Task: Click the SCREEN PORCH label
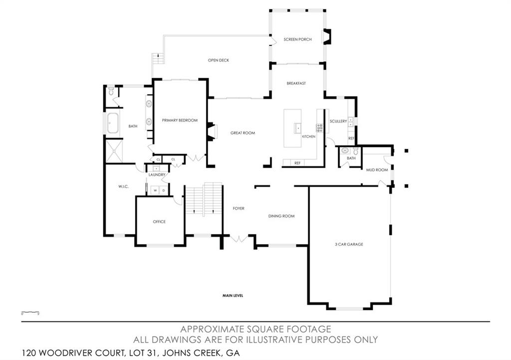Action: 297,39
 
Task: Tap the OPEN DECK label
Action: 218,60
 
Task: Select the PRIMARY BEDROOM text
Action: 180,120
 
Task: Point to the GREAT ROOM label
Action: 243,133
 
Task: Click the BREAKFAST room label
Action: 296,83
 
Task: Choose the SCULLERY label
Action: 338,121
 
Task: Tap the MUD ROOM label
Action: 377,170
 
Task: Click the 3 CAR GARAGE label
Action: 349,244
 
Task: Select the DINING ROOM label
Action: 281,216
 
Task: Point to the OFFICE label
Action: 159,221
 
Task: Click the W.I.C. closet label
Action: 124,186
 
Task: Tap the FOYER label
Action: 239,208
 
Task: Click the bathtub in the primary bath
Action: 112,123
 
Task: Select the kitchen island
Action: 292,128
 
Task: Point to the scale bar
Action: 30,313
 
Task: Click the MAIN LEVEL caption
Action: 233,296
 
